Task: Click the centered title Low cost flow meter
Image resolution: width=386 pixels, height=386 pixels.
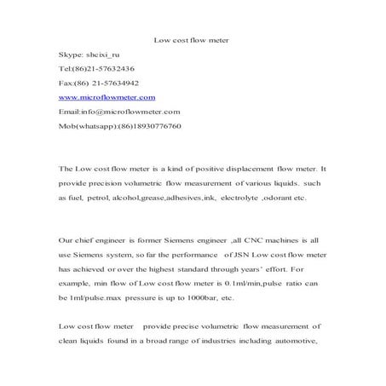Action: (x=191, y=40)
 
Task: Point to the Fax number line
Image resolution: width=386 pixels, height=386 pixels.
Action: (x=97, y=83)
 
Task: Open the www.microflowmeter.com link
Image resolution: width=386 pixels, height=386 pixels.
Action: (x=107, y=97)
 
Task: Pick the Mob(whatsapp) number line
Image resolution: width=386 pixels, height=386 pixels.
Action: (x=119, y=126)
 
